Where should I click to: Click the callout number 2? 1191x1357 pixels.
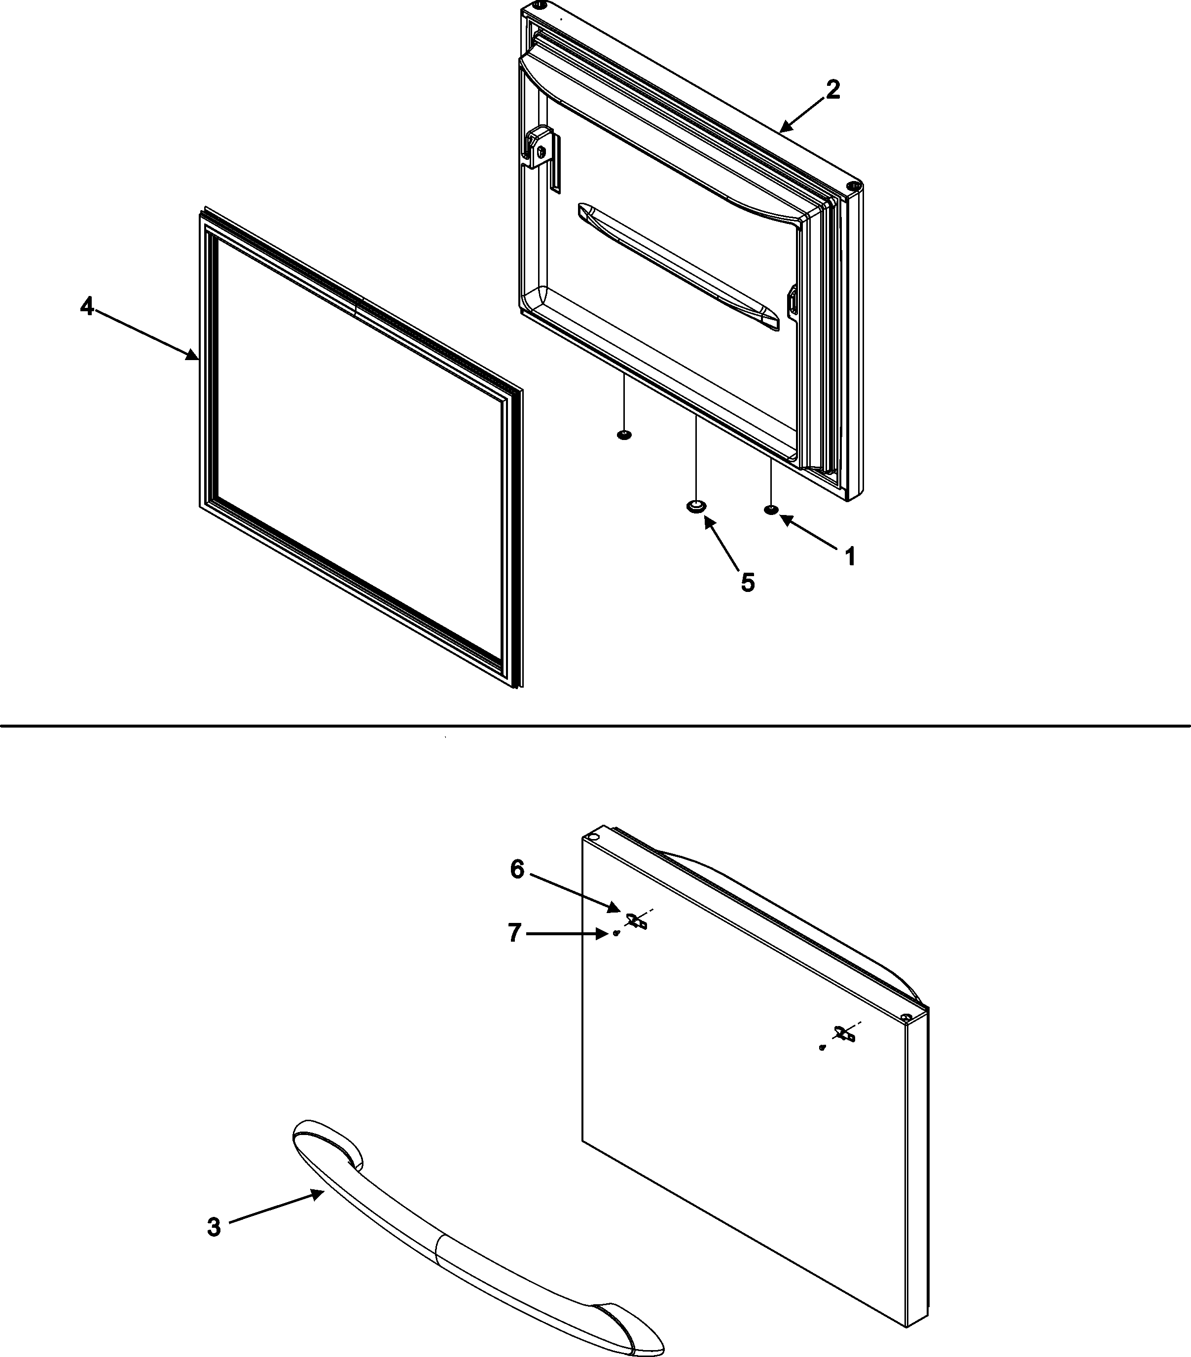(x=832, y=90)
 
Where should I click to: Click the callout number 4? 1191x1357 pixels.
(x=87, y=307)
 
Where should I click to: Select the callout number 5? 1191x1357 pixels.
(x=748, y=582)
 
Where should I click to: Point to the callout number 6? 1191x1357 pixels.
(x=517, y=869)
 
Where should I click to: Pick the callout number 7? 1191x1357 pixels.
(x=514, y=933)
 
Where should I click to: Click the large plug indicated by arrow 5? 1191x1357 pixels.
(x=695, y=507)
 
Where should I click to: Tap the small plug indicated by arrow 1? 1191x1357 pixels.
(x=771, y=510)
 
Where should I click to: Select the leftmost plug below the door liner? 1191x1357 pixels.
(x=623, y=435)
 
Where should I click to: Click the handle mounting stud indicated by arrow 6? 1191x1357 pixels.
(x=636, y=921)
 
